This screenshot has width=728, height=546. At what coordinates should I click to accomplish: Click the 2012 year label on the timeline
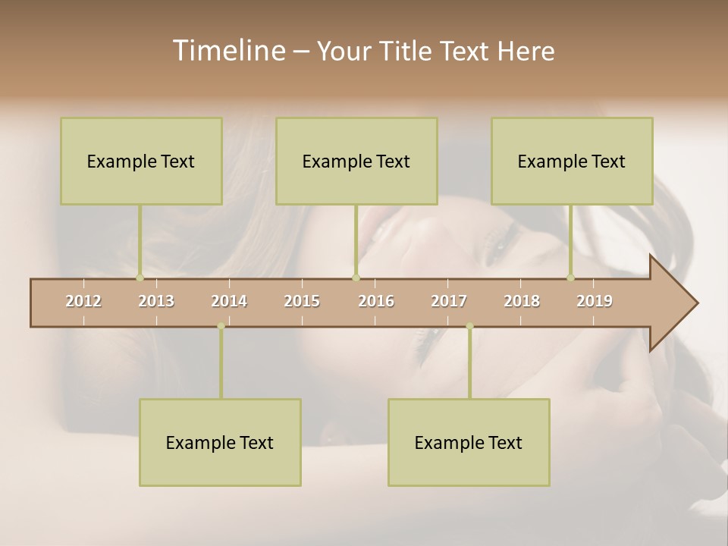(83, 302)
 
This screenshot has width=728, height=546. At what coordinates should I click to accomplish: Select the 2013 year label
(156, 302)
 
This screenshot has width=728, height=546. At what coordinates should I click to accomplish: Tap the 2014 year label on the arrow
(229, 302)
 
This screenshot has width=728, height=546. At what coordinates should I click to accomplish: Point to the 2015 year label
(302, 302)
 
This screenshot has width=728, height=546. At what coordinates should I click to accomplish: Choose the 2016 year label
(376, 302)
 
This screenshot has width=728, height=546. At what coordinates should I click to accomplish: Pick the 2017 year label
(449, 302)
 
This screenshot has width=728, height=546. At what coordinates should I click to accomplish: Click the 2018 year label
(522, 302)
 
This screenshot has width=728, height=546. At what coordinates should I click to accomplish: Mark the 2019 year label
(595, 302)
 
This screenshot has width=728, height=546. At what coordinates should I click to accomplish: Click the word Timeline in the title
(227, 51)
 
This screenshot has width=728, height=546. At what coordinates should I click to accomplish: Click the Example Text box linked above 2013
(141, 162)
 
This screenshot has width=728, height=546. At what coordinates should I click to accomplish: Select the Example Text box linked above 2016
(356, 162)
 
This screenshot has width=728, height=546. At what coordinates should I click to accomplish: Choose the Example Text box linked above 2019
(572, 162)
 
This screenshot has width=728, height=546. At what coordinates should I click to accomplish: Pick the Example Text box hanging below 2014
(220, 443)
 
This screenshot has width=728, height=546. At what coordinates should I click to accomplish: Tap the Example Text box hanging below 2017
(469, 443)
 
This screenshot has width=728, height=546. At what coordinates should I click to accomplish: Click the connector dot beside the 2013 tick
(140, 278)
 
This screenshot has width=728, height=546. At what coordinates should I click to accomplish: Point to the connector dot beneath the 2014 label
(221, 326)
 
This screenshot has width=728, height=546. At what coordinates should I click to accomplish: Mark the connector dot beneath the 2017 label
(469, 326)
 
